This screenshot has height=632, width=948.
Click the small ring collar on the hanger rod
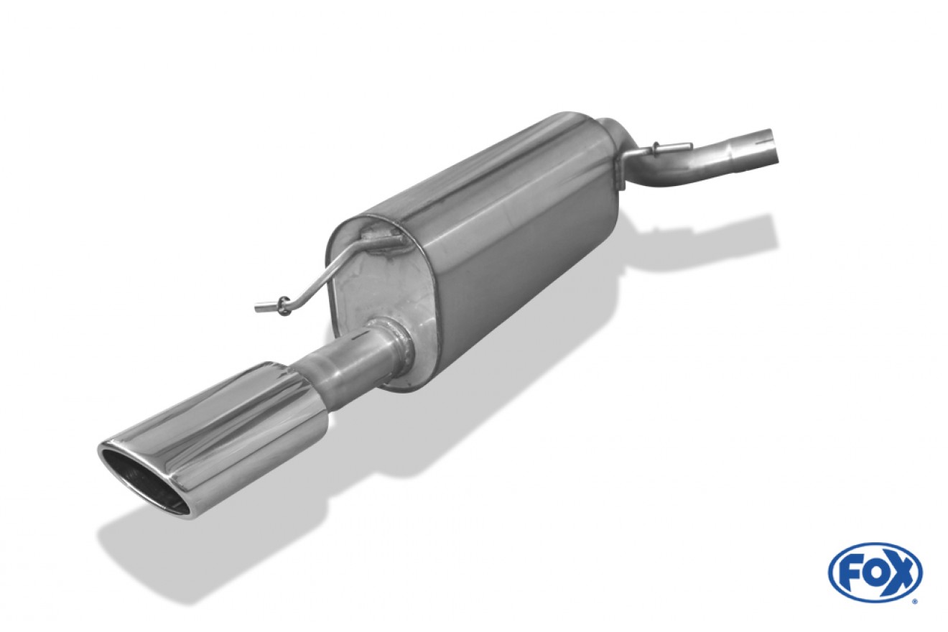[x=284, y=305]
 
